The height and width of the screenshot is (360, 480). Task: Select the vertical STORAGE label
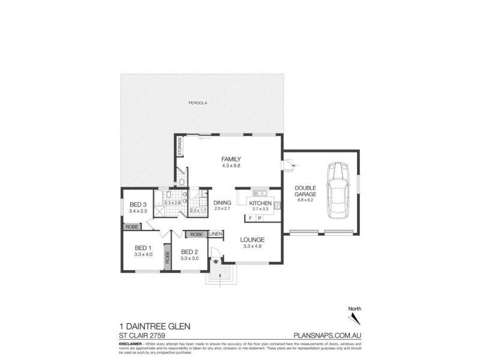(x=179, y=146)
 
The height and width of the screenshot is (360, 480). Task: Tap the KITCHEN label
(x=261, y=204)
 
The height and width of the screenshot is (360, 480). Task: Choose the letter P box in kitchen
(x=260, y=219)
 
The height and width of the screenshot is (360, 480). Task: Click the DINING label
(x=222, y=203)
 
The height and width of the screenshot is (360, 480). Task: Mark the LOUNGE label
(x=253, y=239)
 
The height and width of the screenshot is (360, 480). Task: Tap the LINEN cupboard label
(x=216, y=233)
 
